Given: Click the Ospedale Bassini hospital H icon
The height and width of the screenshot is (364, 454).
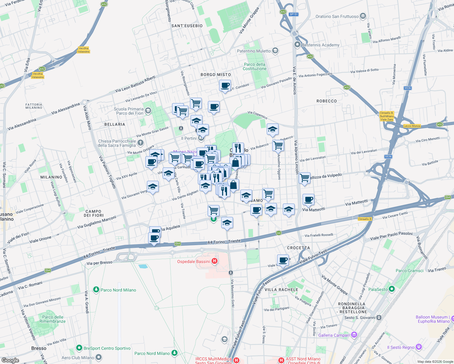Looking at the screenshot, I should [x=215, y=261].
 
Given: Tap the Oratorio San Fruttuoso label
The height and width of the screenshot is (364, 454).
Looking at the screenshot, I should [x=337, y=16].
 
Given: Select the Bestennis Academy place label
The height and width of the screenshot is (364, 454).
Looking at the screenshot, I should [x=320, y=45].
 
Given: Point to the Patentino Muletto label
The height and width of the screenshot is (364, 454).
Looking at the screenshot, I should [x=253, y=51].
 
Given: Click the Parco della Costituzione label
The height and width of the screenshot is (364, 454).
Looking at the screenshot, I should [x=254, y=66].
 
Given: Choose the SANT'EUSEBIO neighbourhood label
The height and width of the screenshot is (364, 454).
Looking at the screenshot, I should [x=187, y=26].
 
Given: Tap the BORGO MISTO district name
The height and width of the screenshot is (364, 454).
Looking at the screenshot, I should [x=215, y=75].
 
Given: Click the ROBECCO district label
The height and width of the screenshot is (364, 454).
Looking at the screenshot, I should [x=327, y=101].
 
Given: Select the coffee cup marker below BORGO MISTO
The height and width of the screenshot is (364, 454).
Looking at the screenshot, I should [x=225, y=86].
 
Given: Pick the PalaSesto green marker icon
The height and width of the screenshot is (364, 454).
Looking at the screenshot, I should [x=391, y=289].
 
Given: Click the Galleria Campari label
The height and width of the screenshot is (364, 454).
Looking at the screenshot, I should [x=334, y=335].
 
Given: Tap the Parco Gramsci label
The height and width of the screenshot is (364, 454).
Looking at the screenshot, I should [x=409, y=271].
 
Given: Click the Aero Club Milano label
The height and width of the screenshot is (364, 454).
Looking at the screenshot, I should [x=78, y=358].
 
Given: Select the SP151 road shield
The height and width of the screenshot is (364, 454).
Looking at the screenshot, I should [x=293, y=14].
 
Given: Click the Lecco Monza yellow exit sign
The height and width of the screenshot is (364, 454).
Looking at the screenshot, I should [x=412, y=126].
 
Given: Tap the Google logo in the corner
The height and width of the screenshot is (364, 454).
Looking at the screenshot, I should [x=10, y=360].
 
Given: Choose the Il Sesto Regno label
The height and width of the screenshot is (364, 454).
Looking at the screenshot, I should [x=401, y=347].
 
